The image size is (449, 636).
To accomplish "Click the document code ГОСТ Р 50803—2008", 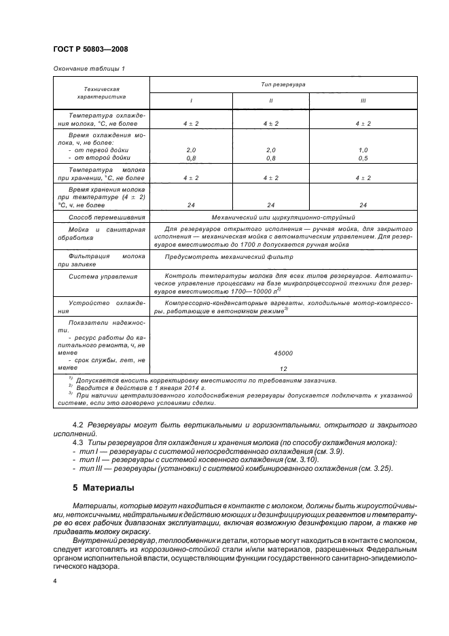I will pyautogui.click(x=90, y=49).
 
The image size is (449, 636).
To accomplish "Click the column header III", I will pyautogui.click(x=363, y=101).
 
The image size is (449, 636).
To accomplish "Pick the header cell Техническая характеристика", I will pyautogui.click(x=102, y=92).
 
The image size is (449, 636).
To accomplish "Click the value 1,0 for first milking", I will pyautogui.click(x=363, y=149).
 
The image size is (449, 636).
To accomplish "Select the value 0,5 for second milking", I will pyautogui.click(x=363, y=158).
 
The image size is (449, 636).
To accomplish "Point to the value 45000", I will pyautogui.click(x=283, y=353).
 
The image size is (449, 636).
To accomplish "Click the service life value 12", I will pyautogui.click(x=283, y=368).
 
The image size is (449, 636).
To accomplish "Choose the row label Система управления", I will pyautogui.click(x=103, y=277).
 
